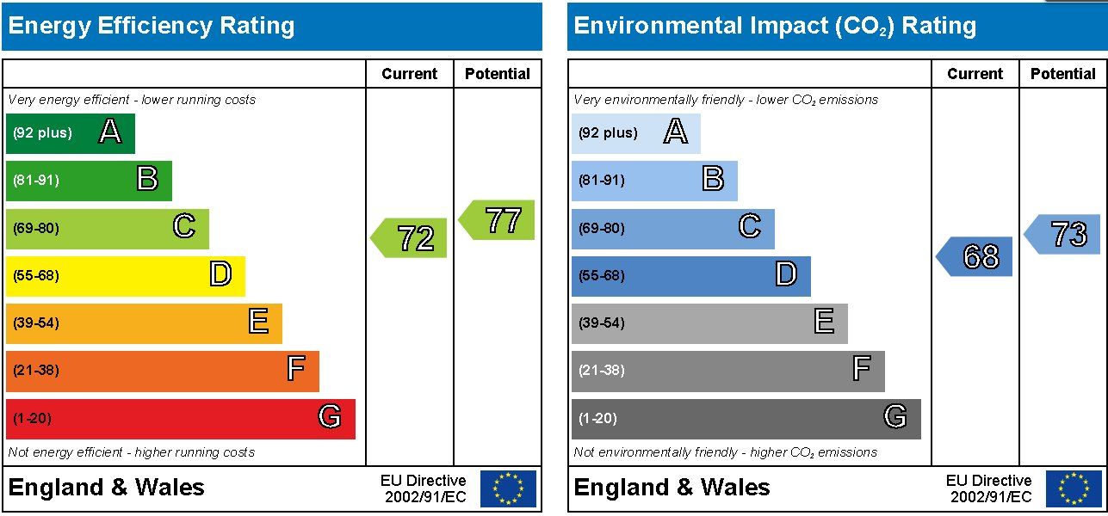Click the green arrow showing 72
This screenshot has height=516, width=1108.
[409, 237]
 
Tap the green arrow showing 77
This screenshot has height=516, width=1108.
[497, 220]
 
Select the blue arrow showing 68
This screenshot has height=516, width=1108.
[975, 256]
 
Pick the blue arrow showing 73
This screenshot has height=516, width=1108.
[1062, 234]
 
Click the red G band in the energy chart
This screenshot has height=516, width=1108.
[181, 419]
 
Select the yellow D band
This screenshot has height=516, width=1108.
[126, 276]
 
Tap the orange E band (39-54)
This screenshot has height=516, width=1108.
[144, 323]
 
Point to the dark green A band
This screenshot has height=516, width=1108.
[71, 133]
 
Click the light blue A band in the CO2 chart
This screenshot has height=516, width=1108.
[636, 133]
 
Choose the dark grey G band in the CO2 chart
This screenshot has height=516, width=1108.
[746, 419]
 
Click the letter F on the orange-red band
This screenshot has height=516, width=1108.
[296, 368]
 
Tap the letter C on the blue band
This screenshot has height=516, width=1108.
[750, 226]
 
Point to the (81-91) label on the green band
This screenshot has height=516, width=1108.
[36, 180]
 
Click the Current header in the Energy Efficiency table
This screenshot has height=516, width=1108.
[410, 74]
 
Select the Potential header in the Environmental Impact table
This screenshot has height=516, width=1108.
[1063, 74]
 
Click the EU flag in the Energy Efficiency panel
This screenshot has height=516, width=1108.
[509, 488]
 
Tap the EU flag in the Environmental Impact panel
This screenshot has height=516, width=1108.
[1074, 488]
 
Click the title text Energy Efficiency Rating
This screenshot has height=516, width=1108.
[152, 26]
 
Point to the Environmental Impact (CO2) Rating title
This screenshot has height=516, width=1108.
[775, 26]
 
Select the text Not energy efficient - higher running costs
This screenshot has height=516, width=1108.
[131, 452]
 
